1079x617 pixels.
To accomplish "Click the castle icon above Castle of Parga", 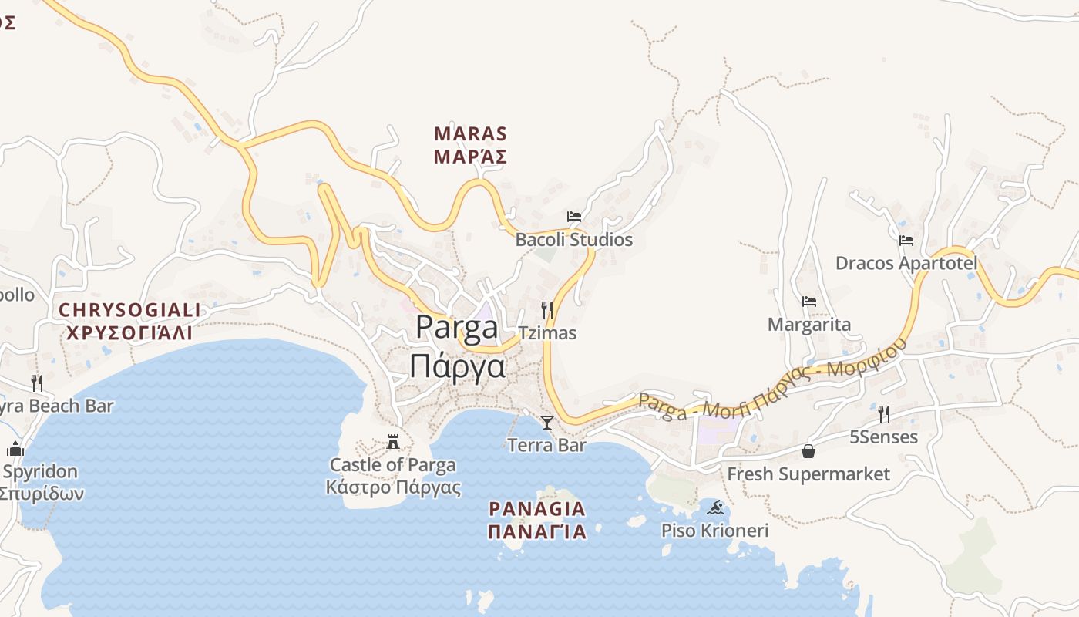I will tap(393, 442).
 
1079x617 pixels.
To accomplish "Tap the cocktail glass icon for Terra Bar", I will tap(547, 422).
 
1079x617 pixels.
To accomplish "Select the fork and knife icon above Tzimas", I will tap(547, 310).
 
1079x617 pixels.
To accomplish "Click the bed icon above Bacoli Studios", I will tap(574, 217).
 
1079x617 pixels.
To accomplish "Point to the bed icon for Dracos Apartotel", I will tap(906, 241).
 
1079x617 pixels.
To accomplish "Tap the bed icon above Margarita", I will tap(808, 302).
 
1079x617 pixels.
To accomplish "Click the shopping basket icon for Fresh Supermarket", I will tap(808, 451).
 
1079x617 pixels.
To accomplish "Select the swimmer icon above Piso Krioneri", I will tap(716, 507).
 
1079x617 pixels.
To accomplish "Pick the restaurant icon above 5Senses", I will tap(884, 414).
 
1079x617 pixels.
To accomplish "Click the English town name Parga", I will tap(457, 327).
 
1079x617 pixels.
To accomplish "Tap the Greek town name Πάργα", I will tap(457, 366).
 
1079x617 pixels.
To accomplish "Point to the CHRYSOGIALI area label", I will tap(129, 310).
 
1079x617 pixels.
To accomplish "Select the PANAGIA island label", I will tap(537, 509).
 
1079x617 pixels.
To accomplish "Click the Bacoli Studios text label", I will tap(573, 240).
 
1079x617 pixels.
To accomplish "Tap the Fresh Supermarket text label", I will tap(808, 474).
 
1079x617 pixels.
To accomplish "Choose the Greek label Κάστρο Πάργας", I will tap(393, 487).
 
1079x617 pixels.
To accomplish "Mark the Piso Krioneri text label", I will tap(715, 531).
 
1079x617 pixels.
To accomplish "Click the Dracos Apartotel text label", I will tap(906, 264).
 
